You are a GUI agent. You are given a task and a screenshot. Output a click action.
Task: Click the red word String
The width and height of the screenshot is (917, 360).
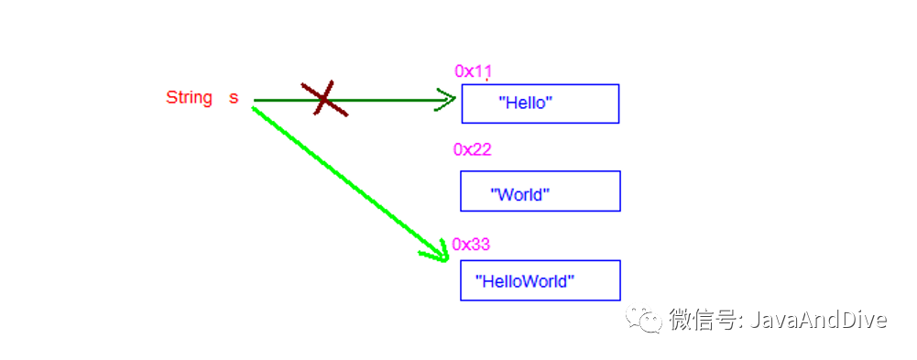click(189, 98)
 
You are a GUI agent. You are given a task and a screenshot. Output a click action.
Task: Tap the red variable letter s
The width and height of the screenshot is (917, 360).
click(234, 98)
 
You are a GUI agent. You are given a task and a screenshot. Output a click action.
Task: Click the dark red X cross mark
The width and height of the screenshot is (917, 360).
click(324, 98)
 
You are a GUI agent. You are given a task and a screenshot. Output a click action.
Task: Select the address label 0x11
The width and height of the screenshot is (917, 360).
click(473, 71)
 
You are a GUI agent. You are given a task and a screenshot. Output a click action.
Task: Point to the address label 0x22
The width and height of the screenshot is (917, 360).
click(473, 149)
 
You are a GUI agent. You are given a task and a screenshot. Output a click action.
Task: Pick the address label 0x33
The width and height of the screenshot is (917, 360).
click(472, 245)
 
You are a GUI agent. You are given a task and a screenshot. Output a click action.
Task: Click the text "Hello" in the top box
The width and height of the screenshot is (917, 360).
click(526, 103)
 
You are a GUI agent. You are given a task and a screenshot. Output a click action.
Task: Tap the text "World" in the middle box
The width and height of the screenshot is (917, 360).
click(520, 193)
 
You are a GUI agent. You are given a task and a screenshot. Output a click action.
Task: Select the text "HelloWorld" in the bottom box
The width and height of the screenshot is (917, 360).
click(525, 282)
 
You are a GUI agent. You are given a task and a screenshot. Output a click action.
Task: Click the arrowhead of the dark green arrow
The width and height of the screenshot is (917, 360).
click(447, 99)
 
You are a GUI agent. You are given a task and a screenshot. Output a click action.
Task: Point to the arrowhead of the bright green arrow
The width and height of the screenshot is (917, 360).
click(439, 253)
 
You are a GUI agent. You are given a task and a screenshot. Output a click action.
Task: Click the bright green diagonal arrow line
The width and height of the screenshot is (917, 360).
click(350, 183)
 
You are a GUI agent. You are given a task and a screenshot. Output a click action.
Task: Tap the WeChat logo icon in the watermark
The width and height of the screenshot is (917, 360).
click(645, 318)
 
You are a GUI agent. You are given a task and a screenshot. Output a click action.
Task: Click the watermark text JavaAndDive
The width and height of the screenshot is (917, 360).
click(817, 320)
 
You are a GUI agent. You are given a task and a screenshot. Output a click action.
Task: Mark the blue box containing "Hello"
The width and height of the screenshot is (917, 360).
click(540, 104)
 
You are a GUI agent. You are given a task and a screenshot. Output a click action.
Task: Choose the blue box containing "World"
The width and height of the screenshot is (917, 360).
click(540, 191)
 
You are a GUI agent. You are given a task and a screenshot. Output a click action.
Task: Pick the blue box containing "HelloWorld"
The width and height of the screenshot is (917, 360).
click(540, 280)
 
